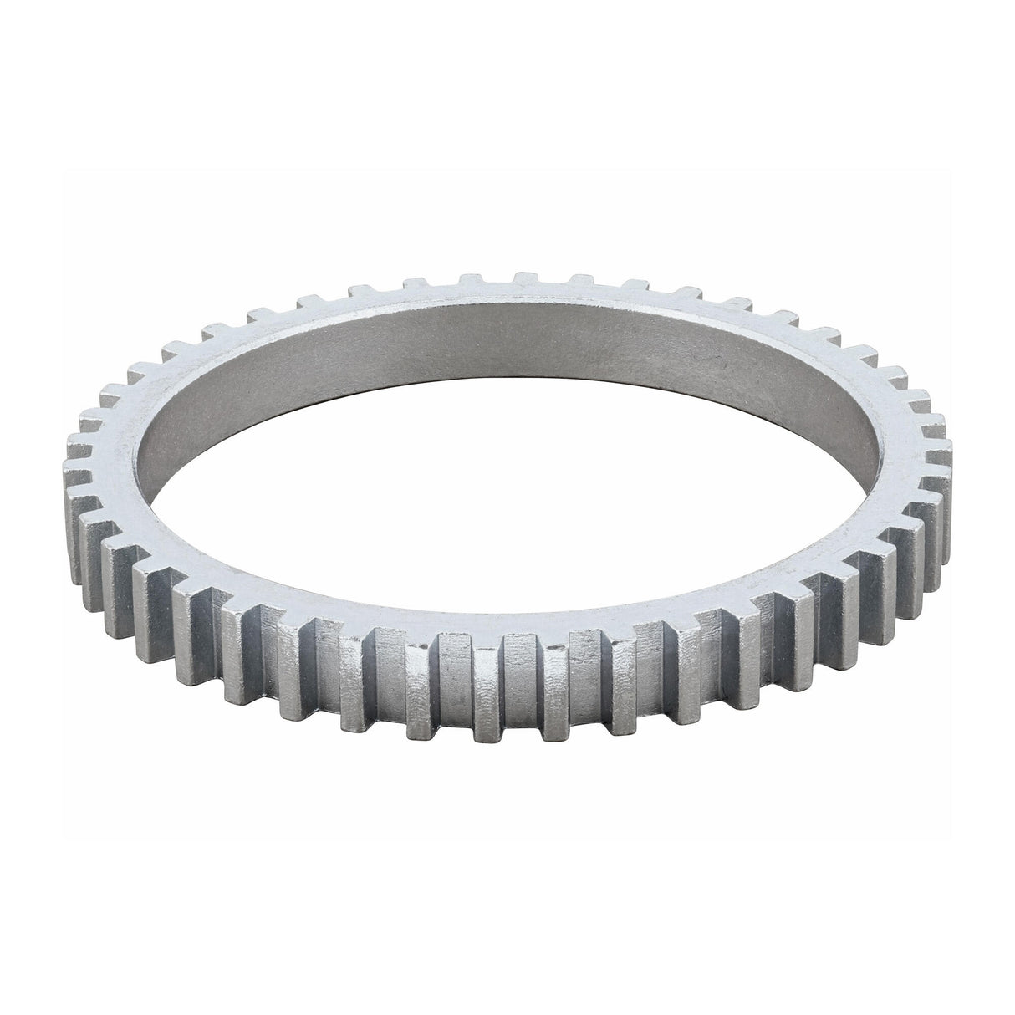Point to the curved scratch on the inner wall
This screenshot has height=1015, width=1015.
[717, 361]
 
